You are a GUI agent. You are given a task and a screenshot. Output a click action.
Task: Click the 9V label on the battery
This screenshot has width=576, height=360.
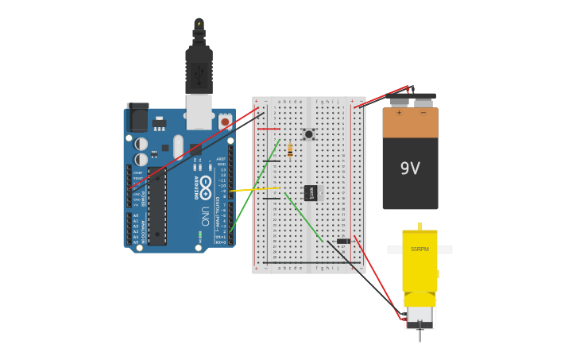[410, 168]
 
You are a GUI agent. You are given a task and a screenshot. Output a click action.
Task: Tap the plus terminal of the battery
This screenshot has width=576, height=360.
[399, 100]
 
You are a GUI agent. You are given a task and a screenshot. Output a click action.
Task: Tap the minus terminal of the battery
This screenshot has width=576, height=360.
[423, 100]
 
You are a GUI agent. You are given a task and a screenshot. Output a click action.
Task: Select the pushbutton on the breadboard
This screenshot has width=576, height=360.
[308, 134]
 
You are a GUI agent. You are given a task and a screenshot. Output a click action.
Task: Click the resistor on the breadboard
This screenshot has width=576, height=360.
[290, 149]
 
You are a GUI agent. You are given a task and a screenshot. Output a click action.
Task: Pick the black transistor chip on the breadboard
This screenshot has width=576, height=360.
[311, 193]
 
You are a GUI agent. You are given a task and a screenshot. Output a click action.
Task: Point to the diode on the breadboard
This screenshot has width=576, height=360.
[343, 241]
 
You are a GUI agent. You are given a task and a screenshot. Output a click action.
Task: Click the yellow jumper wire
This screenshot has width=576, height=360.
[254, 189]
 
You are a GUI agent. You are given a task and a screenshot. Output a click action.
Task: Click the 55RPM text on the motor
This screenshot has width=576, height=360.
[419, 250]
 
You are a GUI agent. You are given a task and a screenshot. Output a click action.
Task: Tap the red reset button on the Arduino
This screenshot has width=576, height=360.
[225, 122]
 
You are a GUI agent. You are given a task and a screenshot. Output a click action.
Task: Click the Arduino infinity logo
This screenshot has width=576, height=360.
[206, 188]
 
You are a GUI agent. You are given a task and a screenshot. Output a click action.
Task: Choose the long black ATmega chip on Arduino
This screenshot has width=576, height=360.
[157, 207]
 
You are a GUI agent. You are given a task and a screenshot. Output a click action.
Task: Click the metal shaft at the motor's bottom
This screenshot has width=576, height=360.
[419, 335]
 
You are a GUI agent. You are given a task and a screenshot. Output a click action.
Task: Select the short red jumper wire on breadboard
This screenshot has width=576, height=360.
[269, 129]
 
